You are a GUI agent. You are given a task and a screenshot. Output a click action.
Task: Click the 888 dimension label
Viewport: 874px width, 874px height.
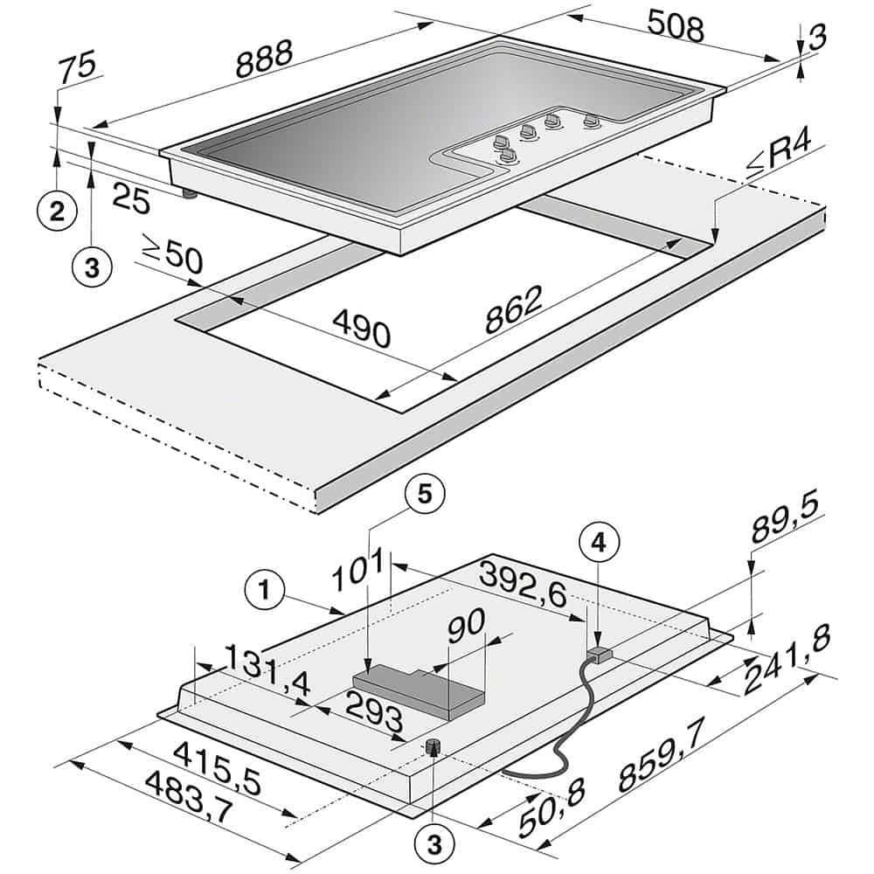(x=264, y=58)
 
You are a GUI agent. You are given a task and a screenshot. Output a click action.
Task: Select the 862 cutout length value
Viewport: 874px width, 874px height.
(x=513, y=309)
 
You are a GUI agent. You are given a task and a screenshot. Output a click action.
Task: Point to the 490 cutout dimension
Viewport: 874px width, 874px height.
(x=362, y=329)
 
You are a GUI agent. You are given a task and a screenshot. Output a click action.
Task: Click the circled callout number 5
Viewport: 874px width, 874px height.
(x=425, y=494)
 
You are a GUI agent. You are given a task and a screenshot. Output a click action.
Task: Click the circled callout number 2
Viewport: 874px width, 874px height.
(x=58, y=212)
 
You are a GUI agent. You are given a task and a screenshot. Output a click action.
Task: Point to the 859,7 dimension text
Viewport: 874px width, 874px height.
(x=662, y=755)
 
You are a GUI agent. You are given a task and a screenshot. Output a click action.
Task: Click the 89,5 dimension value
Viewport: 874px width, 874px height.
(x=785, y=517)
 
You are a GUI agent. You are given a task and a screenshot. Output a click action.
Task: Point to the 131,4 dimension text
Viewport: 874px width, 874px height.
(x=267, y=670)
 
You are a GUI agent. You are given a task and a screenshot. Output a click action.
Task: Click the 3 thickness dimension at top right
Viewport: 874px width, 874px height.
(x=816, y=38)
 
